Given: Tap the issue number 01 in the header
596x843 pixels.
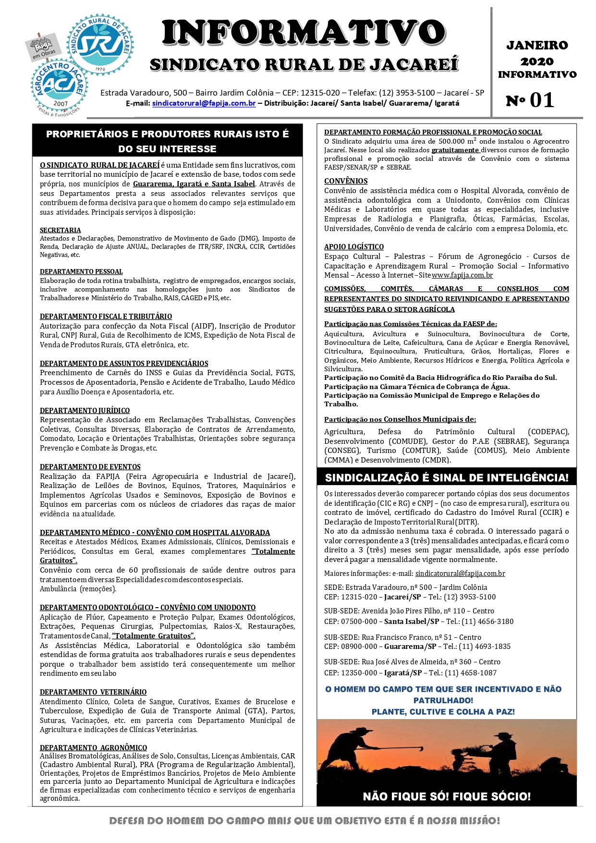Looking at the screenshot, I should pyautogui.click(x=542, y=100).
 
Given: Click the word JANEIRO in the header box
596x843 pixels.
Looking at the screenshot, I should pyautogui.click(x=537, y=46).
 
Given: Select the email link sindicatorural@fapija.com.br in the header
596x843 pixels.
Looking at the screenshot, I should pyautogui.click(x=204, y=103).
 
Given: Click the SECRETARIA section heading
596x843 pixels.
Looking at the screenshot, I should pyautogui.click(x=60, y=230).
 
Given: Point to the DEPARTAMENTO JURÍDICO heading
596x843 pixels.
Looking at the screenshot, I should pyautogui.click(x=85, y=410).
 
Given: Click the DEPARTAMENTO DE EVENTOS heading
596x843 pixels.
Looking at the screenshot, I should pyautogui.click(x=90, y=467).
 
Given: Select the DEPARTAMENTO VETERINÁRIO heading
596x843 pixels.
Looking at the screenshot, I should pyautogui.click(x=93, y=692).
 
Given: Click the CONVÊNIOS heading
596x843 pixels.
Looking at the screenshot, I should pyautogui.click(x=346, y=181).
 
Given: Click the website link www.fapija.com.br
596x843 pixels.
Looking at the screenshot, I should pyautogui.click(x=462, y=275).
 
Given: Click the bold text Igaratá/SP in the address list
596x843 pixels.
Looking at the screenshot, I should pyautogui.click(x=403, y=673).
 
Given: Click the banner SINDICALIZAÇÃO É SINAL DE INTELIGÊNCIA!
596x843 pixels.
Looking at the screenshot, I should pyautogui.click(x=447, y=477).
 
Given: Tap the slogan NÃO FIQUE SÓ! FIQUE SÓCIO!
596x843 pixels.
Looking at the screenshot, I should pyautogui.click(x=447, y=797).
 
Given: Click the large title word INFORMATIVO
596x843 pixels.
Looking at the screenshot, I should pyautogui.click(x=304, y=33).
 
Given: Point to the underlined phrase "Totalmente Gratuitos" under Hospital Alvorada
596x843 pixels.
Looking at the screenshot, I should pyautogui.click(x=273, y=551).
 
